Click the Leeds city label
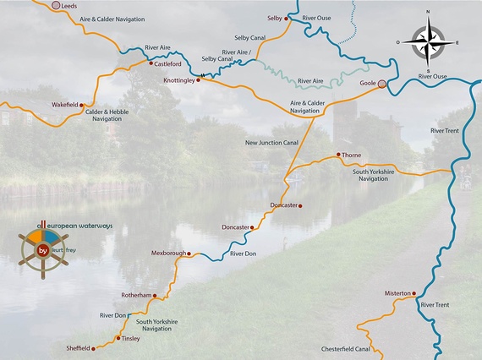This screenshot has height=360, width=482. [69, 7]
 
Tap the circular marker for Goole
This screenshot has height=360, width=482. [382, 84]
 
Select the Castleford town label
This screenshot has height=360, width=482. [169, 63]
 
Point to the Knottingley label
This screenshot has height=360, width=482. [178, 80]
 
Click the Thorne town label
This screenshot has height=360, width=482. [352, 155]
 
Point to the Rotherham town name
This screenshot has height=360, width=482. [135, 295]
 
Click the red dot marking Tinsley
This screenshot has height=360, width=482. [118, 339]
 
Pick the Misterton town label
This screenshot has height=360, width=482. [396, 293]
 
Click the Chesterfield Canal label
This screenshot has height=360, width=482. [345, 349]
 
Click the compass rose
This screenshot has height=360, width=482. [427, 41]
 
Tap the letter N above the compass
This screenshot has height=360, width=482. [428, 12]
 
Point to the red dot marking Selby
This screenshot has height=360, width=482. [287, 18]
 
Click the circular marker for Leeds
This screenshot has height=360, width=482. [56, 6]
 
